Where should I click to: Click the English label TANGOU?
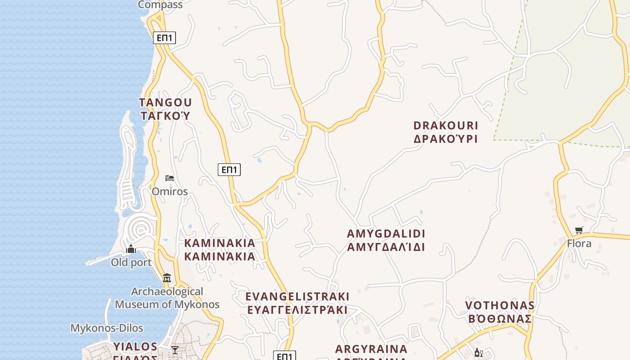pyautogui.click(x=166, y=103)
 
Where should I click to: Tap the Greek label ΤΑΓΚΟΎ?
pyautogui.click(x=166, y=116)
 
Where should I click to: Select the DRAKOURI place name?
pyautogui.click(x=445, y=126)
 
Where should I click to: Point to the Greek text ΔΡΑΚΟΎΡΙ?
pyautogui.click(x=445, y=139)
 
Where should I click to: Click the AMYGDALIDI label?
pyautogui.click(x=386, y=234)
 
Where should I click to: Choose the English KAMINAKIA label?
pyautogui.click(x=220, y=243)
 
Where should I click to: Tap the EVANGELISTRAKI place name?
pyautogui.click(x=297, y=297)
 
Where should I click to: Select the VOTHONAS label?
pyautogui.click(x=500, y=306)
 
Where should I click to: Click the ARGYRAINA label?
pyautogui.click(x=371, y=349)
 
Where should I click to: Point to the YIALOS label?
pyautogui.click(x=135, y=346)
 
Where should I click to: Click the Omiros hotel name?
pyautogui.click(x=170, y=191)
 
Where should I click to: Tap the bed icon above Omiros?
pyautogui.click(x=170, y=178)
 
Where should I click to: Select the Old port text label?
pyautogui.click(x=131, y=262)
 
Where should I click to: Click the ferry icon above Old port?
pyautogui.click(x=131, y=249)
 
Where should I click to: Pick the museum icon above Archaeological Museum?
pyautogui.click(x=167, y=278)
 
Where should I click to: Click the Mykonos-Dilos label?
pyautogui.click(x=107, y=328)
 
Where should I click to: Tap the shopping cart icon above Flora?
pyautogui.click(x=579, y=230)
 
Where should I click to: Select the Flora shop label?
pyautogui.click(x=579, y=243)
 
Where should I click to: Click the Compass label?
pyautogui.click(x=160, y=5)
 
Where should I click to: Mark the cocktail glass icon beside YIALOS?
pyautogui.click(x=175, y=350)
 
